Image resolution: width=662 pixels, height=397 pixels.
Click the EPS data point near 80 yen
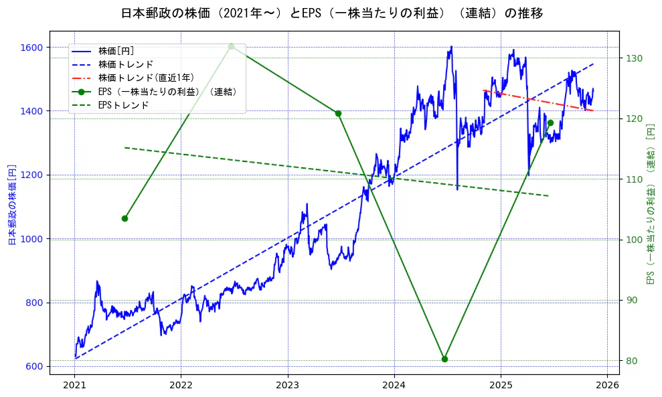tap(444, 359)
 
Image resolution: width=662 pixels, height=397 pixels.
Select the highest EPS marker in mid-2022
tap(231, 46)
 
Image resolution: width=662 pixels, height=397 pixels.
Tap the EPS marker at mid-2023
tap(338, 113)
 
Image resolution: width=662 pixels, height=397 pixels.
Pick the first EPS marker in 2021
tap(125, 218)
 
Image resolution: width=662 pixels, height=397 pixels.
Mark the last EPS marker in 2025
tap(550, 123)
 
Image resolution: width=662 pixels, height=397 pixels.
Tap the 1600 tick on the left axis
tap(31, 48)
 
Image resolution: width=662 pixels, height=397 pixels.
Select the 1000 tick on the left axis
tap(31, 239)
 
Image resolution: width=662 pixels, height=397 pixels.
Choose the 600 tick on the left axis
tap(34, 366)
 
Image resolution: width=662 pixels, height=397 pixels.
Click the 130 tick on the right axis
tap(633, 58)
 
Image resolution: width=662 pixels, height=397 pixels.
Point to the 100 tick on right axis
tap(633, 240)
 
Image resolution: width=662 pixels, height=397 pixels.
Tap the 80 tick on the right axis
tap(631, 361)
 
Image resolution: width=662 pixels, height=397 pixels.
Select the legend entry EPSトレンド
tap(123, 105)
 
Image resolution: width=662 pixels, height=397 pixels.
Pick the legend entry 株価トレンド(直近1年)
tap(146, 78)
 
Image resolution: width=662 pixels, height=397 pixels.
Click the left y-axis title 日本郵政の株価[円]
tap(12, 205)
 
